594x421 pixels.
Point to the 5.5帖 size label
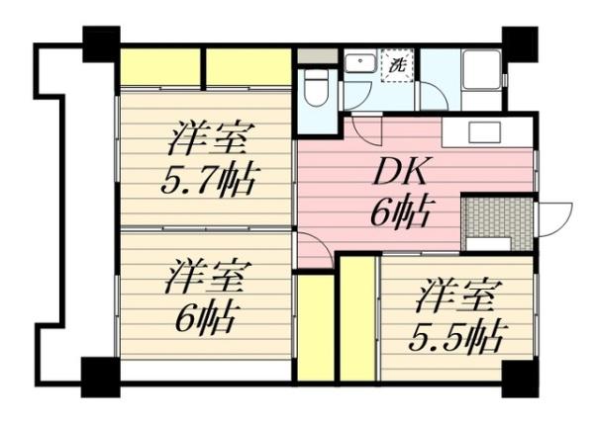(x=453, y=336)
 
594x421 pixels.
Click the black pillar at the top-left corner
(x=100, y=43)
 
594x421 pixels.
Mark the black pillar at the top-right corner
(x=519, y=42)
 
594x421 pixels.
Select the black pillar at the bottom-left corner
(x=99, y=375)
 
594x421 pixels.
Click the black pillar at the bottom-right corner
(x=519, y=376)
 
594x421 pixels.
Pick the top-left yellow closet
(x=160, y=68)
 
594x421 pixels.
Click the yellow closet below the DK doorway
(x=315, y=327)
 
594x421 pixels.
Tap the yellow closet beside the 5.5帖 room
(x=357, y=317)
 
